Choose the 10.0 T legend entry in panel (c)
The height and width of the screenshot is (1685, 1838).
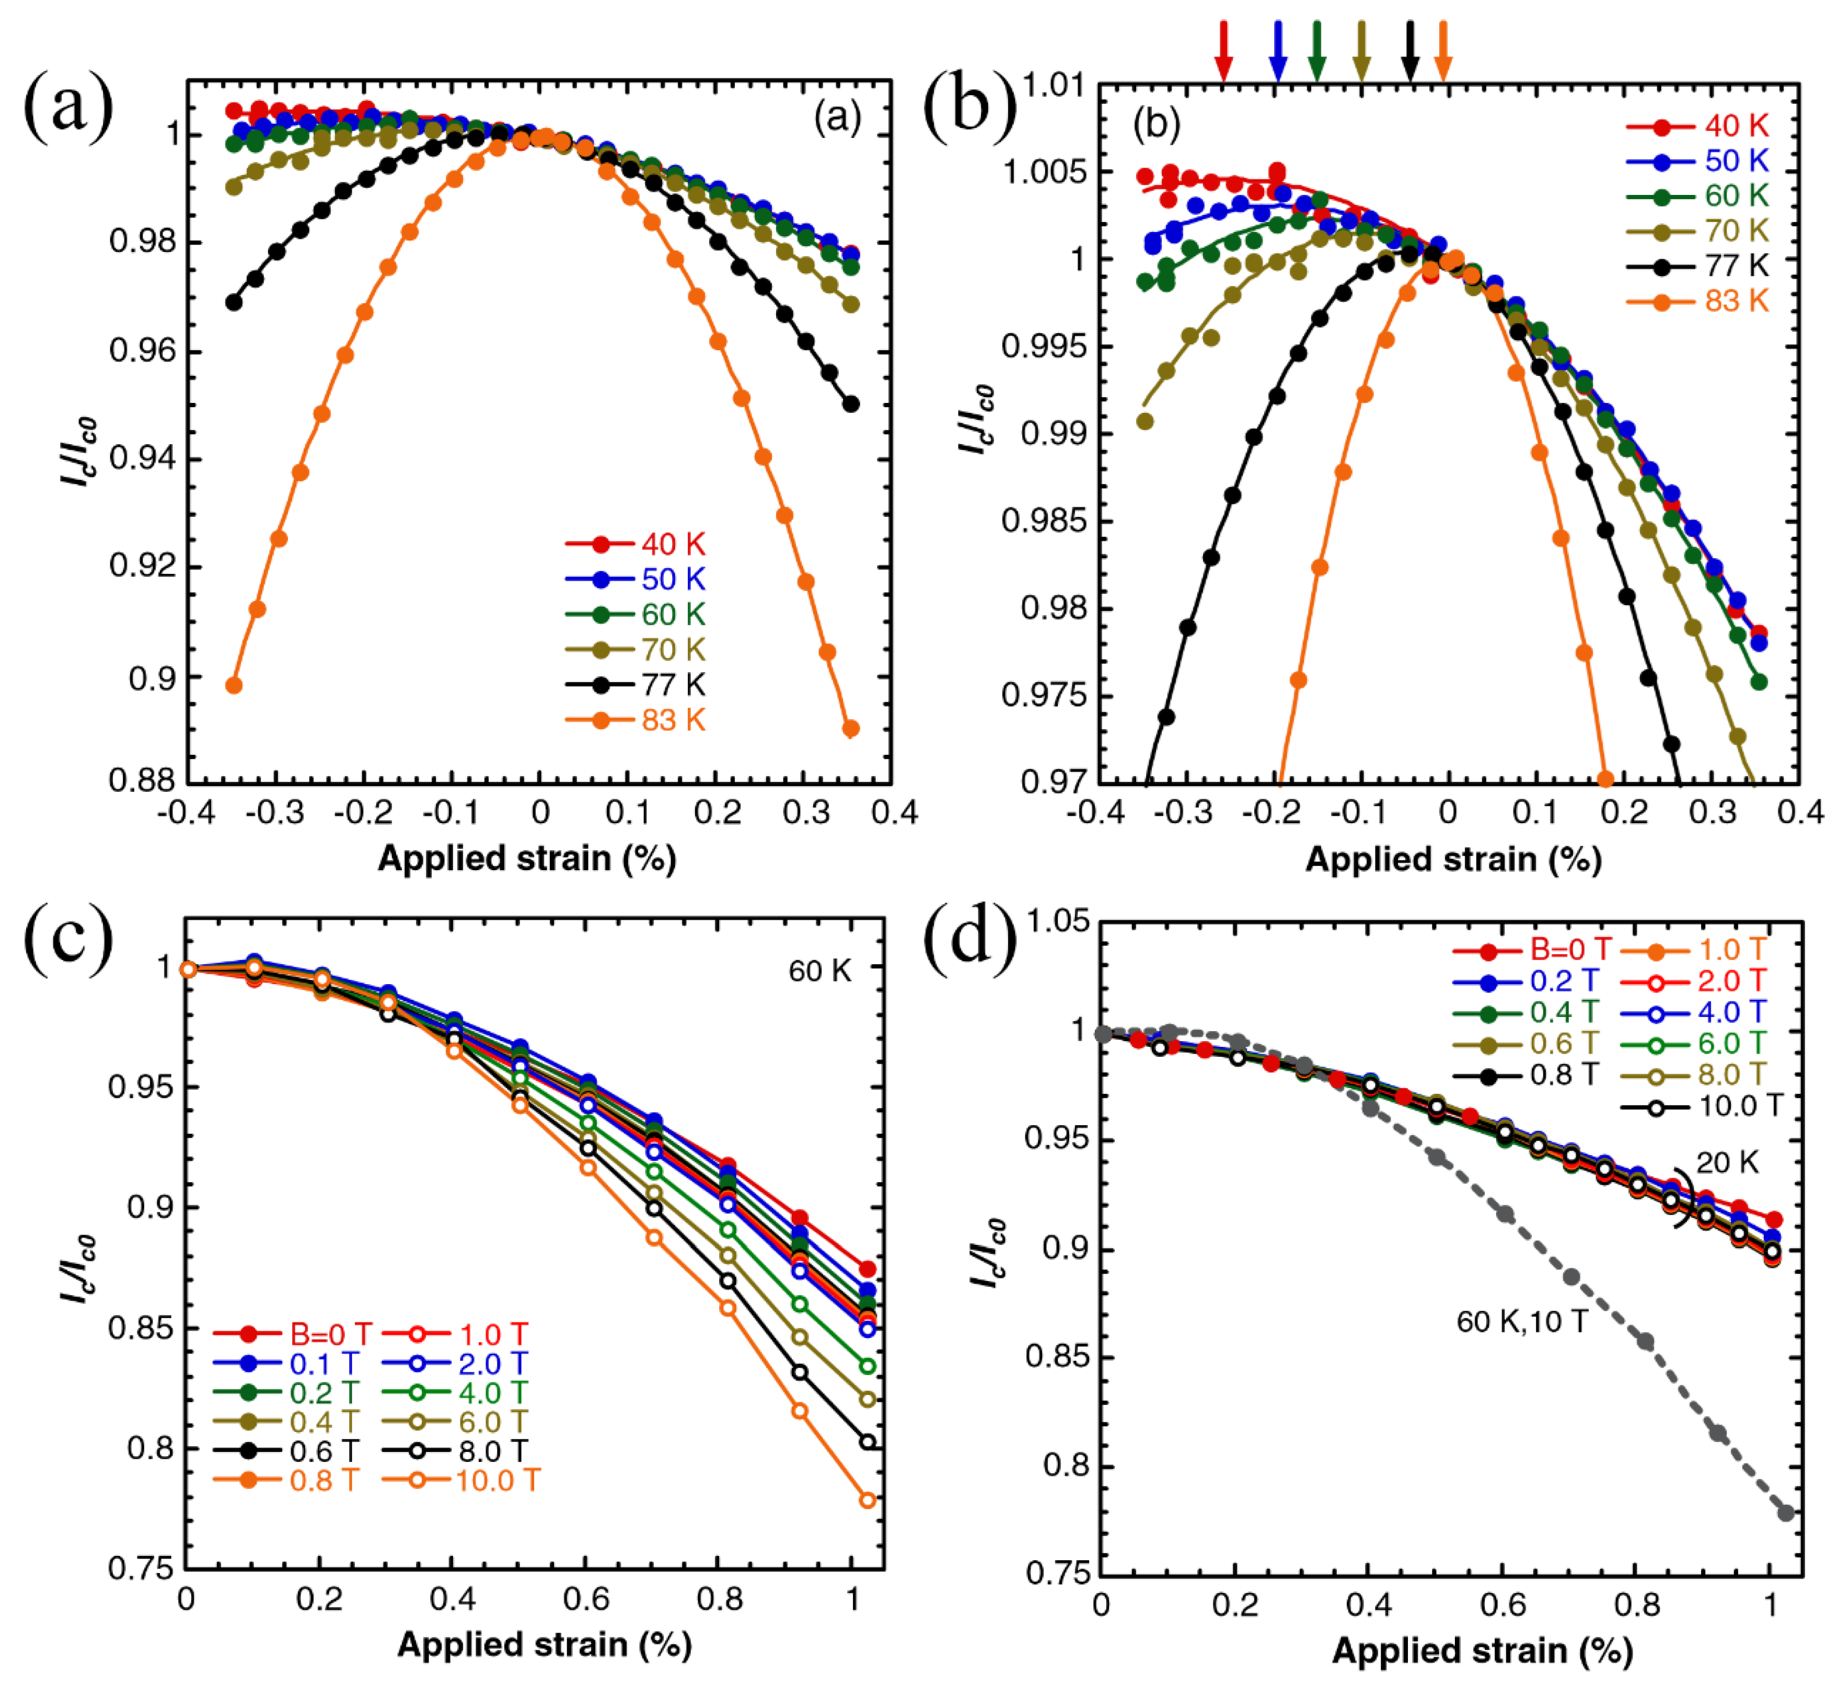tap(460, 1480)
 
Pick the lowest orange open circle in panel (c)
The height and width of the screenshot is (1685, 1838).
tap(867, 1500)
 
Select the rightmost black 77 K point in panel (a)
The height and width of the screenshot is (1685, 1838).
tap(851, 404)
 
